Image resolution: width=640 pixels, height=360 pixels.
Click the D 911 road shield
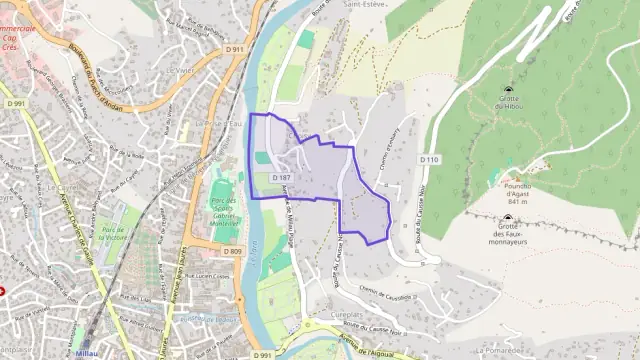tap(235, 49)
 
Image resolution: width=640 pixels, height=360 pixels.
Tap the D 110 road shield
tap(429, 159)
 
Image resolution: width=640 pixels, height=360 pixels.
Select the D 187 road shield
tap(281, 177)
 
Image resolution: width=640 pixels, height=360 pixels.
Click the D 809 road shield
tap(233, 251)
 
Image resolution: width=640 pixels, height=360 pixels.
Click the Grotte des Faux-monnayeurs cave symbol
tap(507, 218)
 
